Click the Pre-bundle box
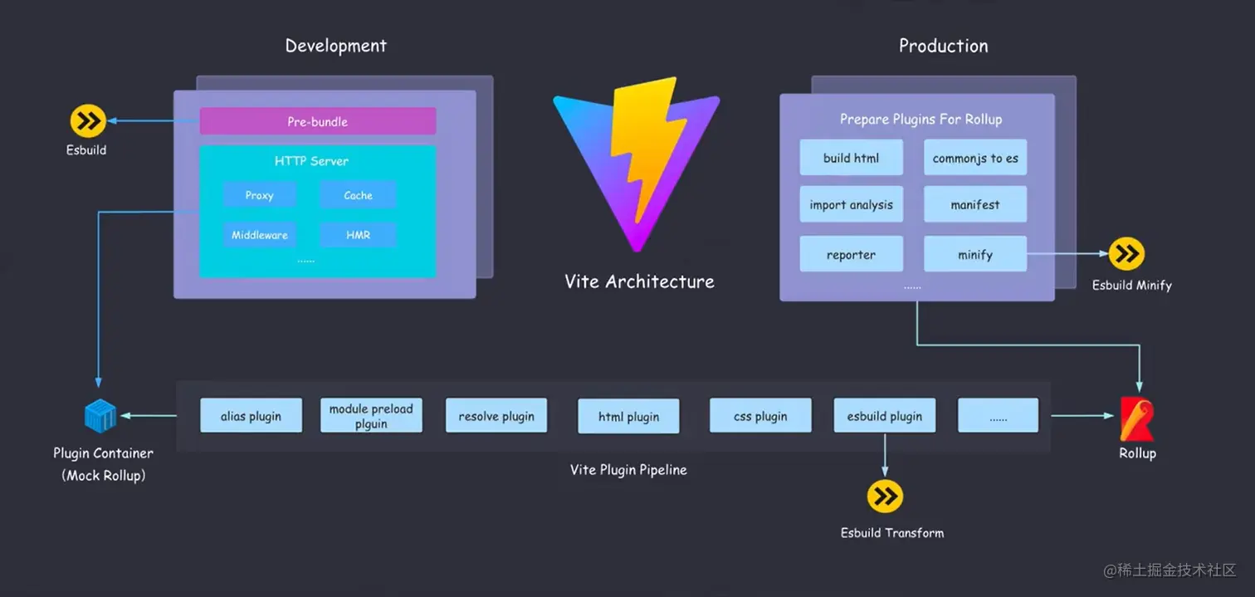pyautogui.click(x=317, y=121)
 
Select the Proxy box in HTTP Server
pyautogui.click(x=259, y=195)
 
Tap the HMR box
pyautogui.click(x=358, y=235)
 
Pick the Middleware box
pyautogui.click(x=259, y=235)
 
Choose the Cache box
pyautogui.click(x=358, y=195)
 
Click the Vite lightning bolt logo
pyautogui.click(x=637, y=162)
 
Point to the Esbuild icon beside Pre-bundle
pyautogui.click(x=87, y=121)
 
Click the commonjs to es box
pyautogui.click(x=974, y=158)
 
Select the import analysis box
pyautogui.click(x=851, y=204)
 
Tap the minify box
pyautogui.click(x=974, y=254)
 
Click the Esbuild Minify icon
pyautogui.click(x=1126, y=254)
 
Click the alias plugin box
pyautogui.click(x=251, y=415)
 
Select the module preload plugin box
pyautogui.click(x=371, y=415)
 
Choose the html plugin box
pyautogui.click(x=628, y=416)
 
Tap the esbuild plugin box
pyautogui.click(x=884, y=415)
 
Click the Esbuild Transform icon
pyautogui.click(x=885, y=497)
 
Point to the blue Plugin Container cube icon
pyautogui.click(x=101, y=415)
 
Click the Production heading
pyautogui.click(x=943, y=46)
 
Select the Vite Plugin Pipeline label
pyautogui.click(x=628, y=470)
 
